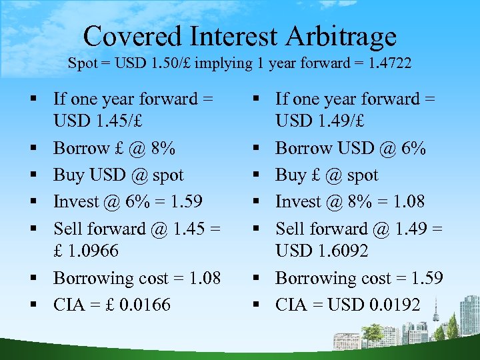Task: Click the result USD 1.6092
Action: click(x=322, y=251)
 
